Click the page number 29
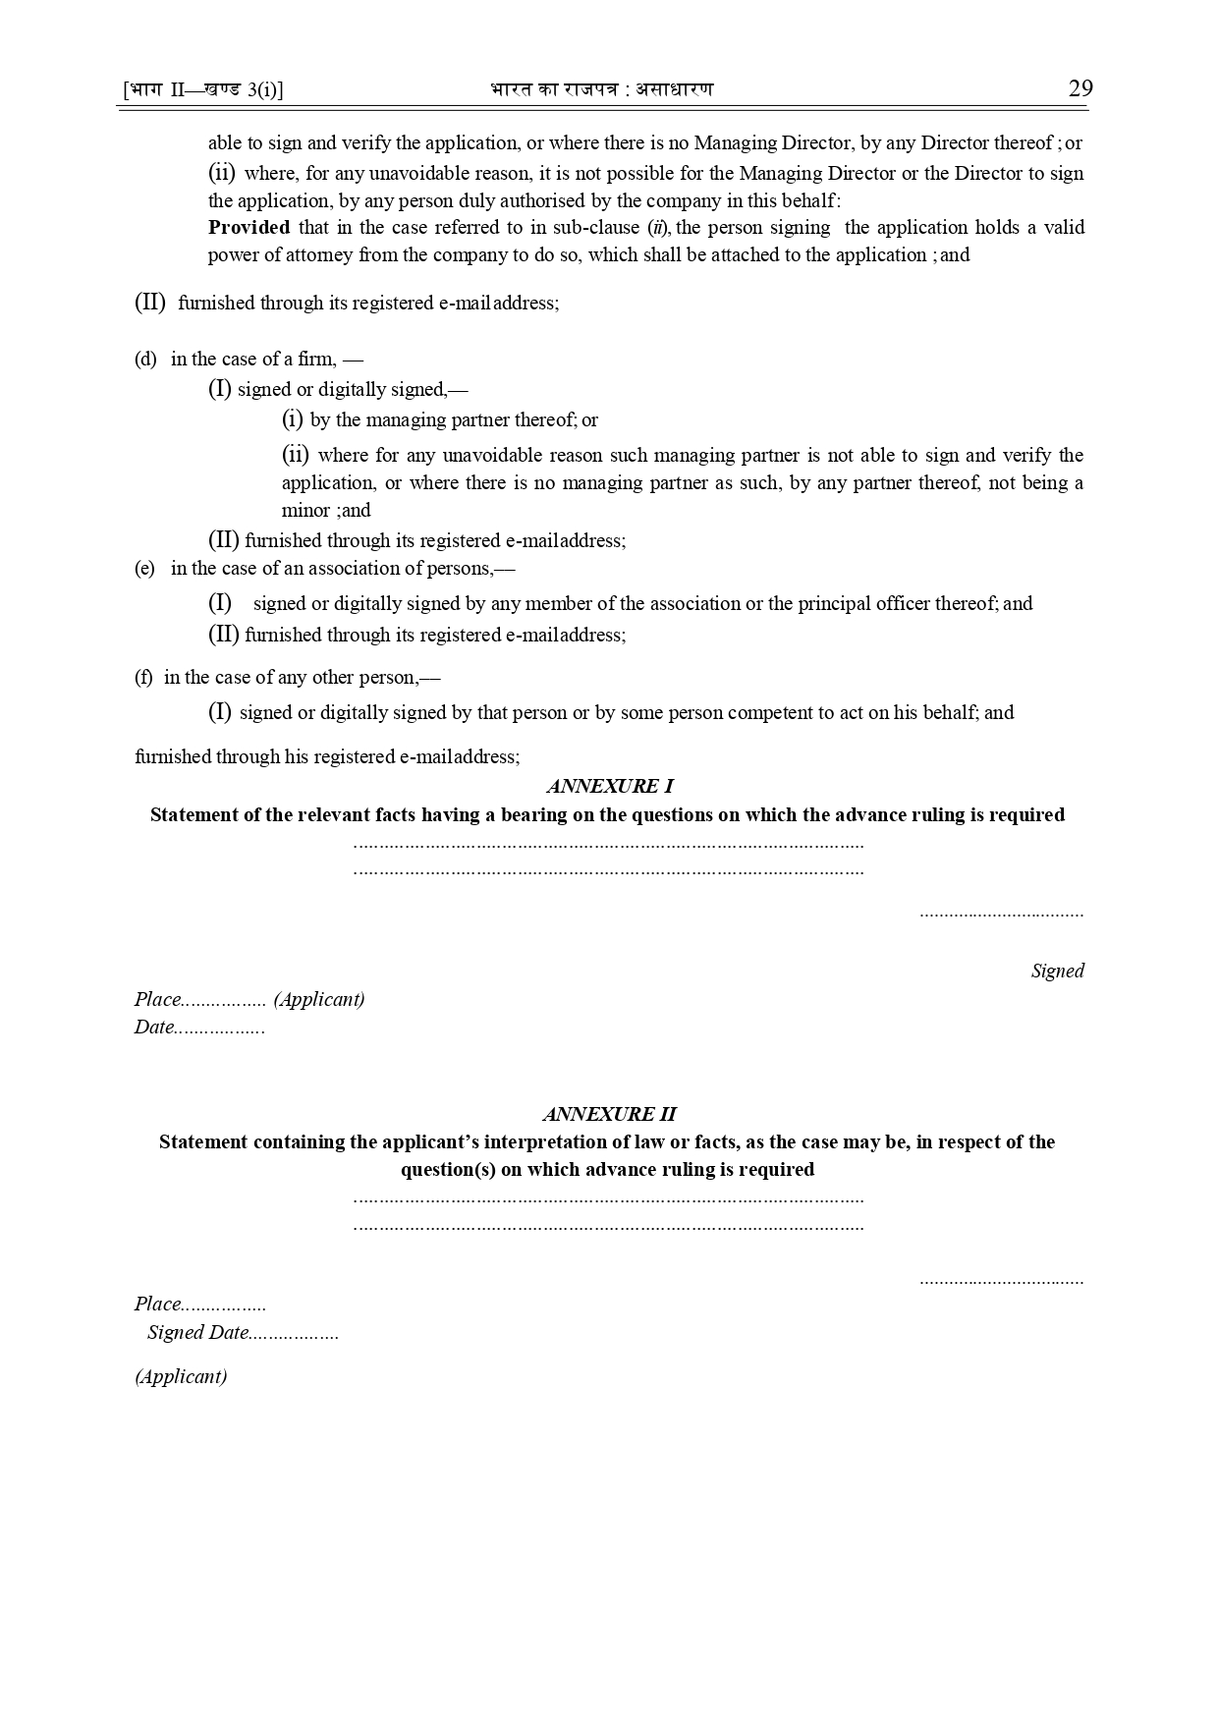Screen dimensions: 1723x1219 tap(1080, 88)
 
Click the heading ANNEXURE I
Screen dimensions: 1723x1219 tap(609, 786)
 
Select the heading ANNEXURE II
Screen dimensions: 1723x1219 tap(609, 1114)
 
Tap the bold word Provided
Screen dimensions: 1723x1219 tap(249, 228)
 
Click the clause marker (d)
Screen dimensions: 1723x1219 tap(145, 360)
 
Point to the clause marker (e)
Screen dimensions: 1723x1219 tap(144, 569)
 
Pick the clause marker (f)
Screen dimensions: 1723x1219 tap(143, 678)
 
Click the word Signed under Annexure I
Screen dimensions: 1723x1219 tap(1057, 972)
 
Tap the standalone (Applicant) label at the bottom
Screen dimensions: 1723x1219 tap(181, 1376)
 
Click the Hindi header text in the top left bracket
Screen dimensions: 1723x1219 tap(203, 90)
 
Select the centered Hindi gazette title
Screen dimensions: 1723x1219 tap(602, 89)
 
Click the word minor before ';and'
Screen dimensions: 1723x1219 tap(305, 511)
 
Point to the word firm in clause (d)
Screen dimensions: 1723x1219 tap(316, 360)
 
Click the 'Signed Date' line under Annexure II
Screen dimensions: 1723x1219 tap(242, 1333)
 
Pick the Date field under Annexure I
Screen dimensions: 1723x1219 tap(198, 1028)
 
